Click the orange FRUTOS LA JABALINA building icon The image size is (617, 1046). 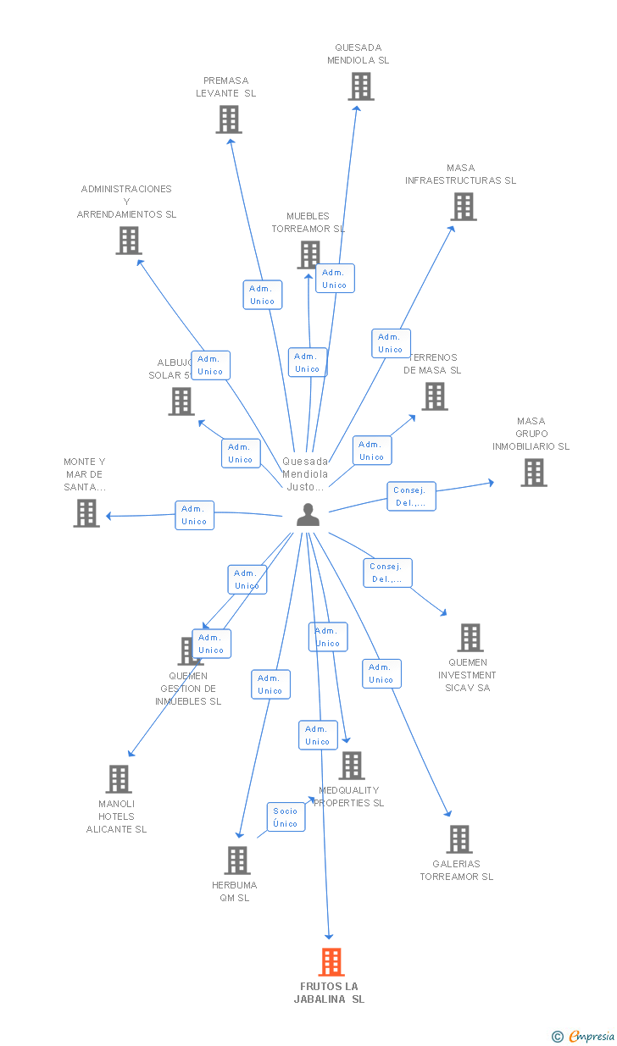331,962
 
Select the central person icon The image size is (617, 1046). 308,514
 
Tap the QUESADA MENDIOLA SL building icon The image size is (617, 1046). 360,86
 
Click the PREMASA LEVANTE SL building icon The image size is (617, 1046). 228,119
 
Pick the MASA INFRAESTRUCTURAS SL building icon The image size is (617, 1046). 463,206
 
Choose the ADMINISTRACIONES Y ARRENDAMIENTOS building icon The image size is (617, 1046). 128,241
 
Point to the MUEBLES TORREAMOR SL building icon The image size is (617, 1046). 308,254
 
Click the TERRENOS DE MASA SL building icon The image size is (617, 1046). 434,396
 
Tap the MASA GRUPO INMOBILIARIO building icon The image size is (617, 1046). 533,473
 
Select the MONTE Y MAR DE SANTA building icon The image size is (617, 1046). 86,512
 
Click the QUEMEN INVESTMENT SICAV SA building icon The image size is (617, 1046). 470,637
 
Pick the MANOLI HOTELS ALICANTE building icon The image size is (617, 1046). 118,778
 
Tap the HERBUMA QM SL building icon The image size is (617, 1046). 236,860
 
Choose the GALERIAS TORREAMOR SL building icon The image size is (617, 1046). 459,838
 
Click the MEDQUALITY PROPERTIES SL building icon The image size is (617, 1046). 351,765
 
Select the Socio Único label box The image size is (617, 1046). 286,817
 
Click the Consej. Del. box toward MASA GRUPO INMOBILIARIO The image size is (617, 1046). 412,496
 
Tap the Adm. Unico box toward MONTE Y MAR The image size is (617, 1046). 194,515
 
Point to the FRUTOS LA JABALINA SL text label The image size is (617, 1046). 329,993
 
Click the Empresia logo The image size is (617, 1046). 584,1036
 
